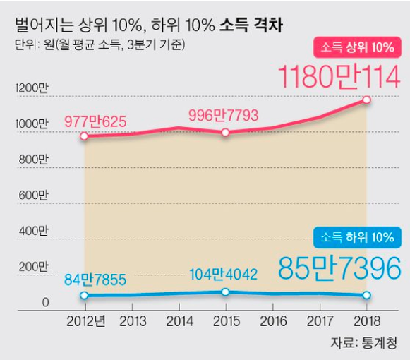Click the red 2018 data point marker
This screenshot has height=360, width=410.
(366, 100)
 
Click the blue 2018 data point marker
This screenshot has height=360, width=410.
(366, 296)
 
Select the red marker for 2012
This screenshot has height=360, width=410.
(84, 136)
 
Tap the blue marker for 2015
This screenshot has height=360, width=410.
(225, 292)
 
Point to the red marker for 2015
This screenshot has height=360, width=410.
(225, 132)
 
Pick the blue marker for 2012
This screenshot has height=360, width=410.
(84, 295)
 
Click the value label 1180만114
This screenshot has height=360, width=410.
(339, 76)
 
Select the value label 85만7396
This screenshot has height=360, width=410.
(339, 268)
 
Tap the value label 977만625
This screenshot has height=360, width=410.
(95, 121)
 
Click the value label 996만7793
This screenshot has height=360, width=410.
(224, 114)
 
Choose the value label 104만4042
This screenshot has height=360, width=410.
(224, 275)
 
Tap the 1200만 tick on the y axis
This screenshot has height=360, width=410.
(31, 88)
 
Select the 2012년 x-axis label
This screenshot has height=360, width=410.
(86, 321)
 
